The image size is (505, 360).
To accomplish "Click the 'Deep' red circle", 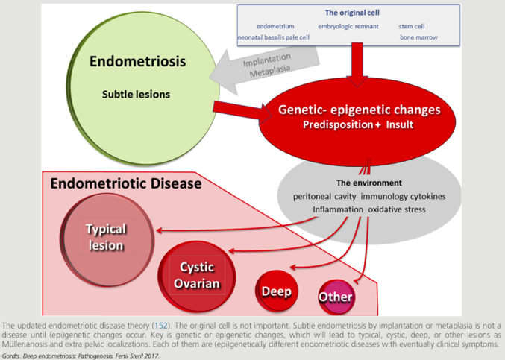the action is click(277, 291).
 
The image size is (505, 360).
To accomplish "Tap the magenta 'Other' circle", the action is click(336, 297).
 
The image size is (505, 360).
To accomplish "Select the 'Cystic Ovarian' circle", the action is click(197, 277).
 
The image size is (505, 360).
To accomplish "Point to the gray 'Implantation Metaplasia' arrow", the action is click(264, 69).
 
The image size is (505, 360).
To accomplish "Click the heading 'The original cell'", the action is click(352, 13).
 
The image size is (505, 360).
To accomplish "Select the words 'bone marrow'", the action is click(418, 37).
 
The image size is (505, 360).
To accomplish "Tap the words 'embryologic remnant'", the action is click(348, 26).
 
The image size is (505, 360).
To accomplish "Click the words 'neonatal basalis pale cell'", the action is click(274, 37).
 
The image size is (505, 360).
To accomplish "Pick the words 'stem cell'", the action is click(412, 26).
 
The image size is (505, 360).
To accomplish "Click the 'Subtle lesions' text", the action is click(136, 94).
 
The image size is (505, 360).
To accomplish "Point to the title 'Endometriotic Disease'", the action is click(126, 183).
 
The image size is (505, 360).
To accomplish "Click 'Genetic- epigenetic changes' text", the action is click(359, 110).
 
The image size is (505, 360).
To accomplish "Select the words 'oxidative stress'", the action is click(397, 209).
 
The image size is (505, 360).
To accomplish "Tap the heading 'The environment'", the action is click(369, 183).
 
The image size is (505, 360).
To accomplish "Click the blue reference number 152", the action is click(161, 326).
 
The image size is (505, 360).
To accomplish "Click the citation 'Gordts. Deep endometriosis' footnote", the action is click(81, 356).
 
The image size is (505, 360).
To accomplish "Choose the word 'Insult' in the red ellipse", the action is click(400, 124).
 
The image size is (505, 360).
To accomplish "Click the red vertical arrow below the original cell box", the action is click(357, 65).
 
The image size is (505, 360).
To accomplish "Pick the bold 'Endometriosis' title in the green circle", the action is click(137, 61).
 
